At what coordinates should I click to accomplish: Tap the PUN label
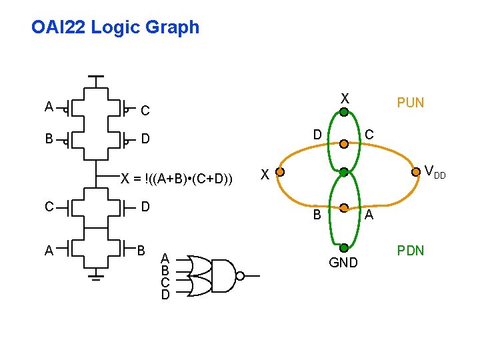click(x=410, y=103)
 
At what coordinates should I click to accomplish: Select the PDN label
click(x=410, y=251)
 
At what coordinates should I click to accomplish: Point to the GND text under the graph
click(x=343, y=263)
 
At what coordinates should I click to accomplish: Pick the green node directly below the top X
click(x=343, y=113)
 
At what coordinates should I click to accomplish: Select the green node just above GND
click(x=343, y=247)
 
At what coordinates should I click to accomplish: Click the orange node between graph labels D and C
click(x=343, y=142)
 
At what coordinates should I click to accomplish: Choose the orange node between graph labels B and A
click(x=343, y=207)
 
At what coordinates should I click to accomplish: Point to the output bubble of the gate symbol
click(x=240, y=275)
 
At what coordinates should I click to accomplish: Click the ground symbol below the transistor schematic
click(x=97, y=274)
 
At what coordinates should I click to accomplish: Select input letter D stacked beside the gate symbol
click(x=165, y=294)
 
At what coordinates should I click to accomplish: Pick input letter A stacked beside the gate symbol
click(x=165, y=259)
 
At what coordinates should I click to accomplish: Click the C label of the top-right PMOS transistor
click(x=145, y=109)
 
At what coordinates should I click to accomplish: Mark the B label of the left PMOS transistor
click(x=49, y=139)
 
